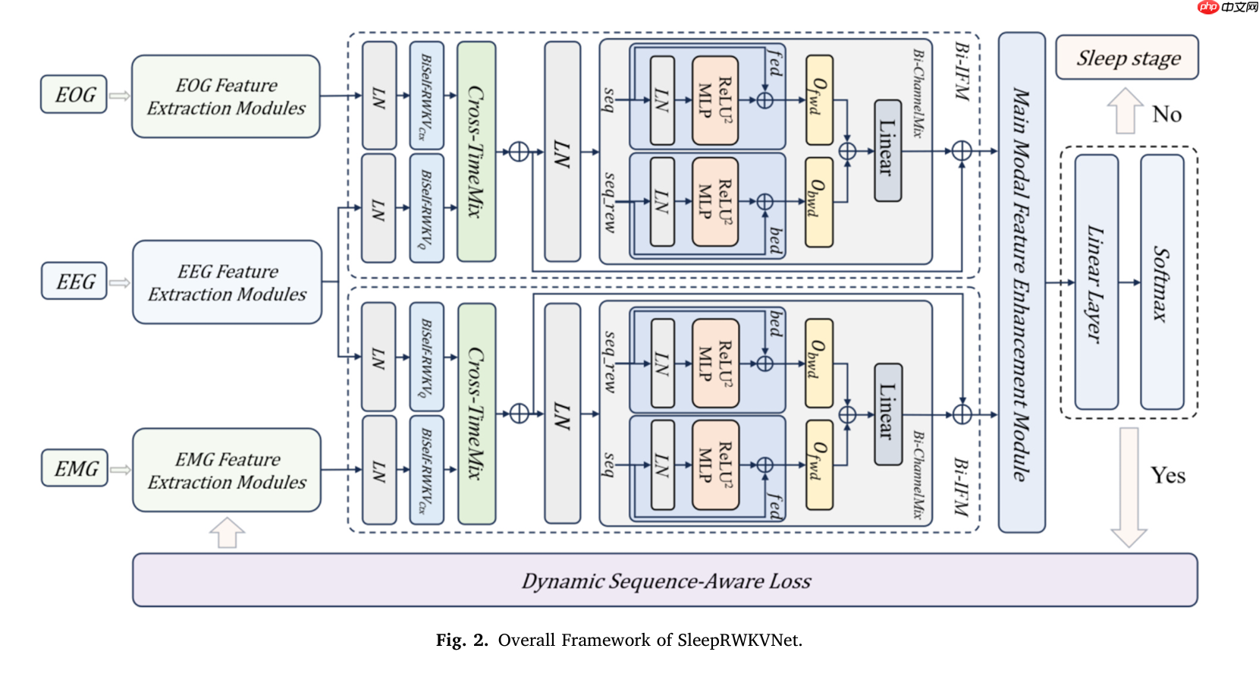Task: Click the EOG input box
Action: tap(74, 94)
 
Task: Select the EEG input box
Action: tap(74, 281)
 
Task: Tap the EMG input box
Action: tap(75, 468)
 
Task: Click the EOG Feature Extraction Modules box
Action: tap(225, 96)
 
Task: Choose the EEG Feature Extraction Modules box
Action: tap(227, 282)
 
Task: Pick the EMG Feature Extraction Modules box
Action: tap(227, 471)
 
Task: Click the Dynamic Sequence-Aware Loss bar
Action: tap(664, 581)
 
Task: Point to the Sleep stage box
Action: tap(1127, 58)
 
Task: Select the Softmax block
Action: tap(1162, 282)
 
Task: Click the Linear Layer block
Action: tap(1096, 282)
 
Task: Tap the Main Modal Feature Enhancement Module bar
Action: tap(1021, 282)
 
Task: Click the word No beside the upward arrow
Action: tap(1167, 115)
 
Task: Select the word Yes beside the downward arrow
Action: tap(1168, 476)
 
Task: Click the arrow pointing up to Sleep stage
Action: tap(1126, 111)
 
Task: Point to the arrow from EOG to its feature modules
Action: tap(119, 96)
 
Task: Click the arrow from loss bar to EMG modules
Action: tap(227, 532)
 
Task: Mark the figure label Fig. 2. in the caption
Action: tap(462, 641)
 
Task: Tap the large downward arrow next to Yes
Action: tap(1129, 486)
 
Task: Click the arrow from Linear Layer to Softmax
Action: tap(1129, 282)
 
